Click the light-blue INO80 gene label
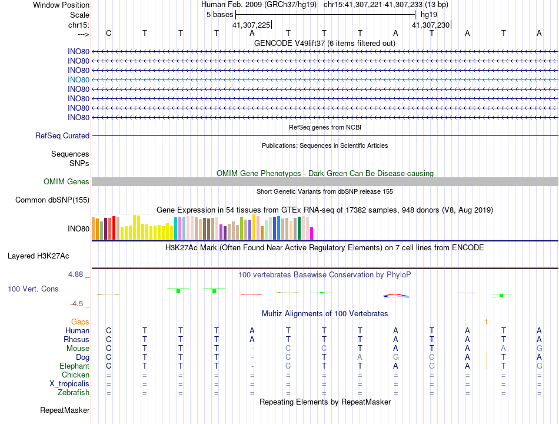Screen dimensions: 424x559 coord(78,79)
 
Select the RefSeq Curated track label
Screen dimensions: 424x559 coord(62,136)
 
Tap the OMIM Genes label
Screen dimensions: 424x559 coord(66,182)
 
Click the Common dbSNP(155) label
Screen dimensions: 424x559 coord(52,200)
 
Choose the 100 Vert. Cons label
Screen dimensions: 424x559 coord(33,289)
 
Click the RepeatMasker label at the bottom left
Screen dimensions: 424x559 coord(65,410)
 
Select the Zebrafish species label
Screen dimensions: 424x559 coord(74,392)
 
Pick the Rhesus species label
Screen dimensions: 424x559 coord(76,339)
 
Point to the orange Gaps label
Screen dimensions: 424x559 coord(81,322)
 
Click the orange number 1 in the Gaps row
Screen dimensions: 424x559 coord(487,322)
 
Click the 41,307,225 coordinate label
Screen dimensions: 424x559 coord(251,25)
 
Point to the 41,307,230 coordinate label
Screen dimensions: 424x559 coord(431,25)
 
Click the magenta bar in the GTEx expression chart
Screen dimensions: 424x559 coord(312,233)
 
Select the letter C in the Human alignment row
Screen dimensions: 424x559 coord(108,330)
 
